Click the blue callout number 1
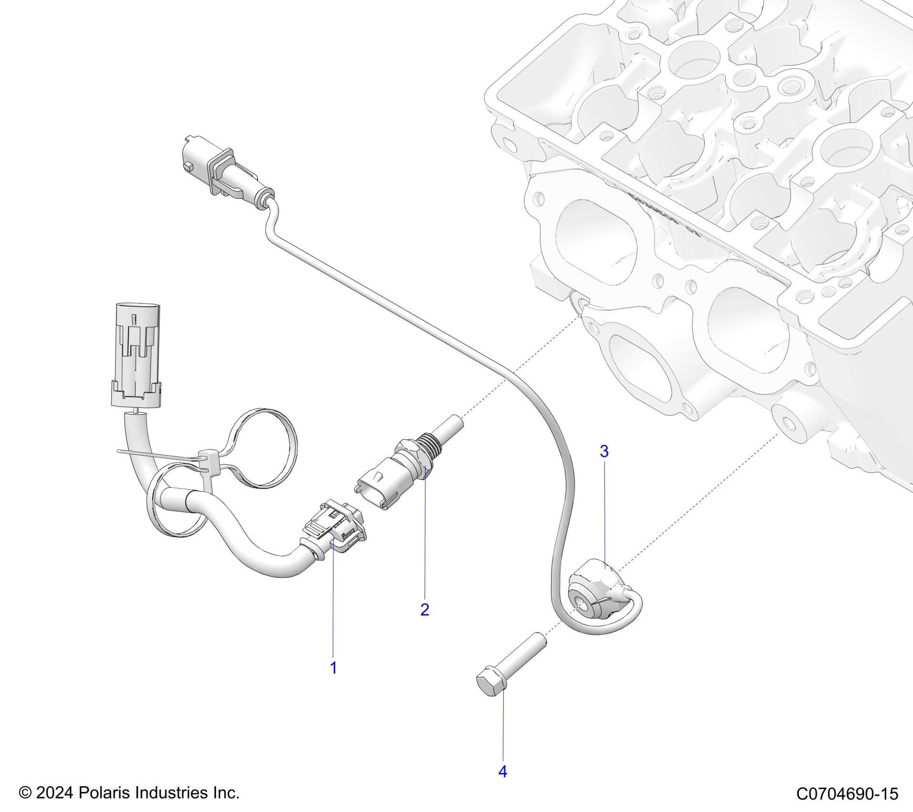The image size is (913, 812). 334,668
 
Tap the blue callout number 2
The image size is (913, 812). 425,609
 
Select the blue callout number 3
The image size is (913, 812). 604,451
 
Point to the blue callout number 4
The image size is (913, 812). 502,771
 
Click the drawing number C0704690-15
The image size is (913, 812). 847,793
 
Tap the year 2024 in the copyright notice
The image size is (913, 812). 54,793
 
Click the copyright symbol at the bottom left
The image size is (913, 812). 25,793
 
